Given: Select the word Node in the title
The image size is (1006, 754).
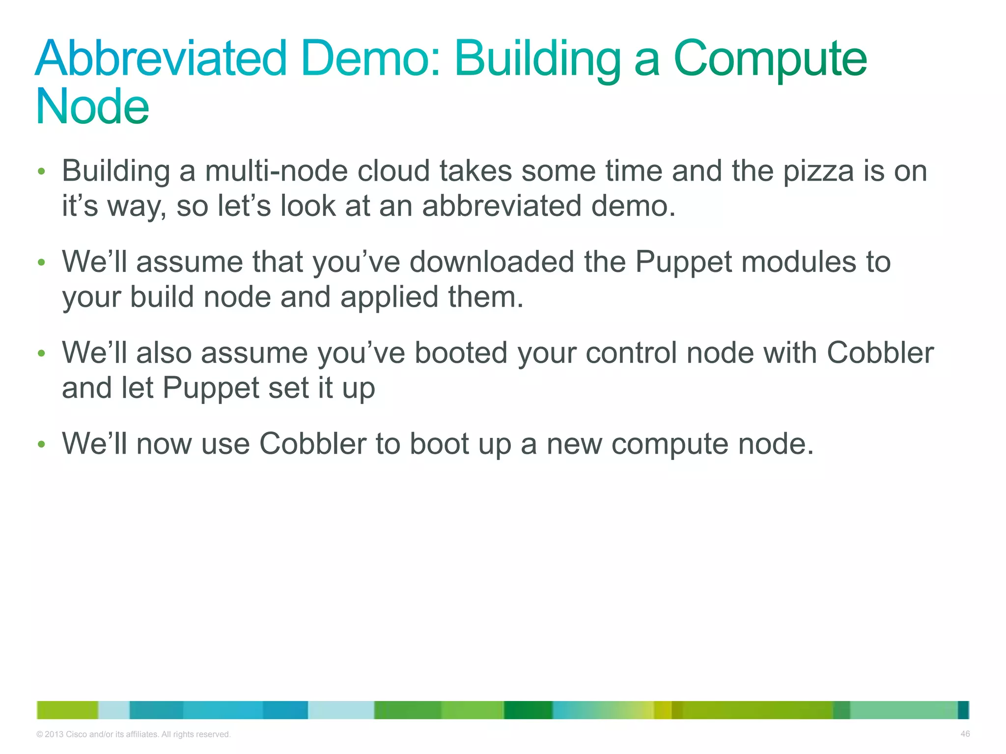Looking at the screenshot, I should click(x=92, y=107).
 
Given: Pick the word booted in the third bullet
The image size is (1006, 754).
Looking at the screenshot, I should click(x=461, y=353).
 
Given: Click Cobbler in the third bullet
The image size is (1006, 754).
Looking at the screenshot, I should click(x=880, y=353).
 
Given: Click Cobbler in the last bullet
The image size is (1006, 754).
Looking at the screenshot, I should click(x=312, y=444).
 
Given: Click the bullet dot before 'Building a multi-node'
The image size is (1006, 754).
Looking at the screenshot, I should click(x=42, y=171).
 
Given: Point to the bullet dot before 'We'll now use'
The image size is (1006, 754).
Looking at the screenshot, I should click(x=42, y=444).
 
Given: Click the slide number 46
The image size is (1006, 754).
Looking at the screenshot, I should click(x=965, y=734).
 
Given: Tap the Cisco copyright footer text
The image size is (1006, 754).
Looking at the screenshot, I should click(x=133, y=734).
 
